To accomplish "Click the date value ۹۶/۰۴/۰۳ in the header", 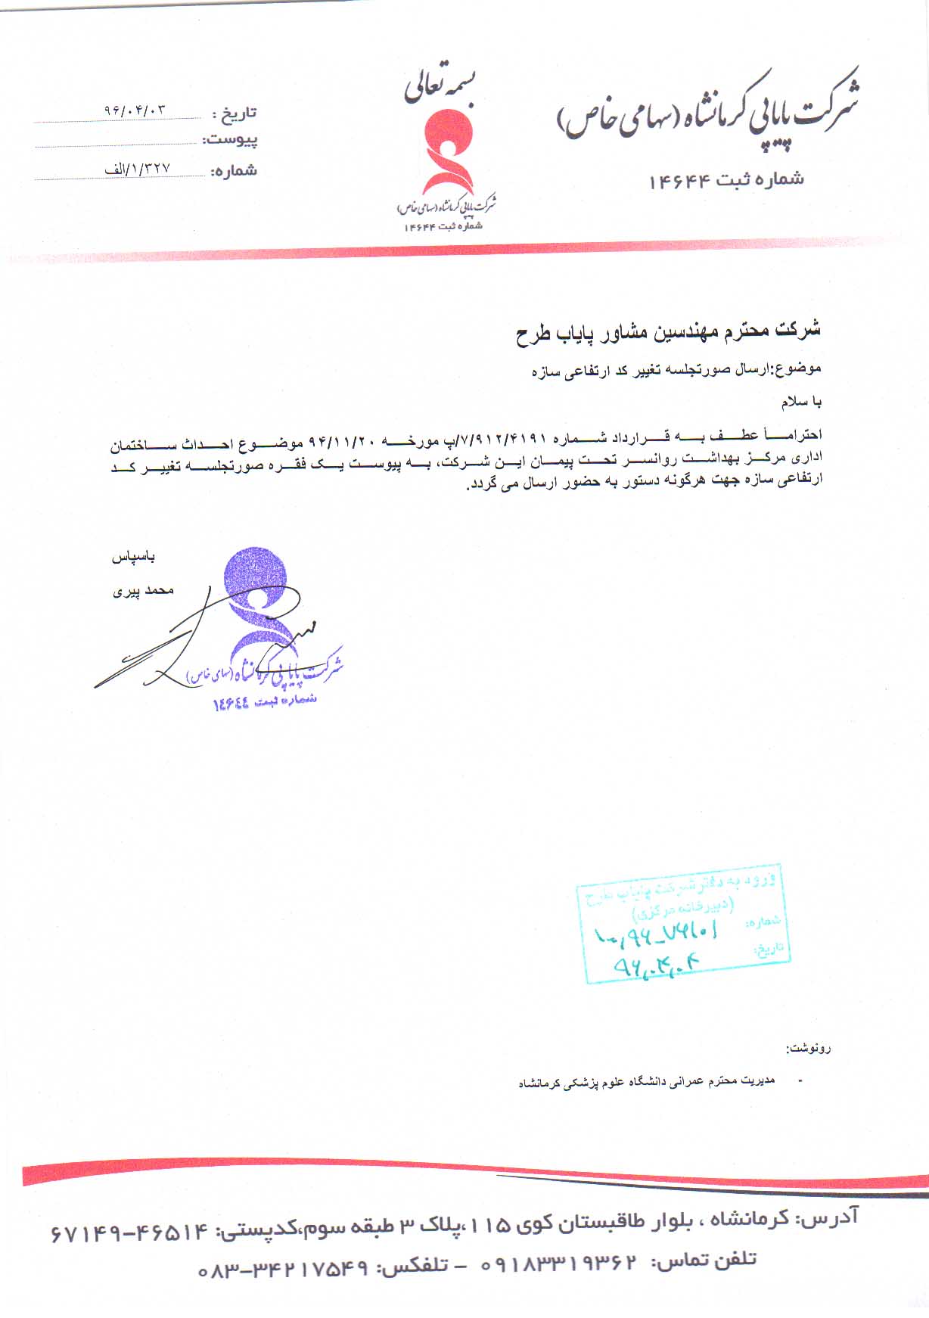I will [x=135, y=110].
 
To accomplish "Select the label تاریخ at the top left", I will [x=235, y=114].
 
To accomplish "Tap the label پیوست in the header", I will [x=230, y=141].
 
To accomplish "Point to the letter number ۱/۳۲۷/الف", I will [x=138, y=169].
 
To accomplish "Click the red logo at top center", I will [x=447, y=151].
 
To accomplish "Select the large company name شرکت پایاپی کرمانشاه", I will [x=707, y=110].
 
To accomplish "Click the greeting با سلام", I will [x=802, y=402].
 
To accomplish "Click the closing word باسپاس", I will [x=134, y=558].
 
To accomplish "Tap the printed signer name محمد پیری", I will [x=143, y=591].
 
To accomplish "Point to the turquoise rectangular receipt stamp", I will [x=684, y=923].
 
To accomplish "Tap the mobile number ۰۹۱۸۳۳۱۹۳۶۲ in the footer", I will [x=559, y=1264].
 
